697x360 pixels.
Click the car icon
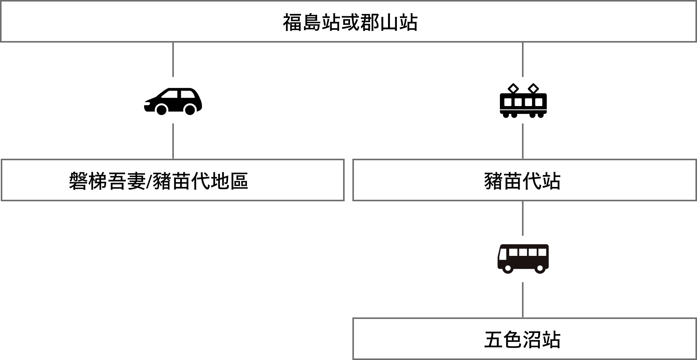coord(173,100)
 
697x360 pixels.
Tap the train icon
coord(523,100)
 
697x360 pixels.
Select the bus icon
coord(523,259)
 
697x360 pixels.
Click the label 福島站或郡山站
coord(350,22)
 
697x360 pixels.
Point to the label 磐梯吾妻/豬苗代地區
coord(158,181)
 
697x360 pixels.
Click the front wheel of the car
coord(161,110)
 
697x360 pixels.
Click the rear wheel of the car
coord(190,110)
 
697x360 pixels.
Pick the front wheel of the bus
coord(508,268)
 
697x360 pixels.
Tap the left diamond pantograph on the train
coord(513,89)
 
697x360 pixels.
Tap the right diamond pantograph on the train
coord(533,89)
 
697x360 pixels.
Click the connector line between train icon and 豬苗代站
coord(523,141)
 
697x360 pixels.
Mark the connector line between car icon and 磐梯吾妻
coord(173,141)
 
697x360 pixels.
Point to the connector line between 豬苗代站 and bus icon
coord(523,218)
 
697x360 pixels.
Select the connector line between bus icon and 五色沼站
coord(523,300)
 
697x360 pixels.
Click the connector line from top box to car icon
coord(173,59)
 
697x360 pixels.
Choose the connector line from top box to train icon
coord(523,59)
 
